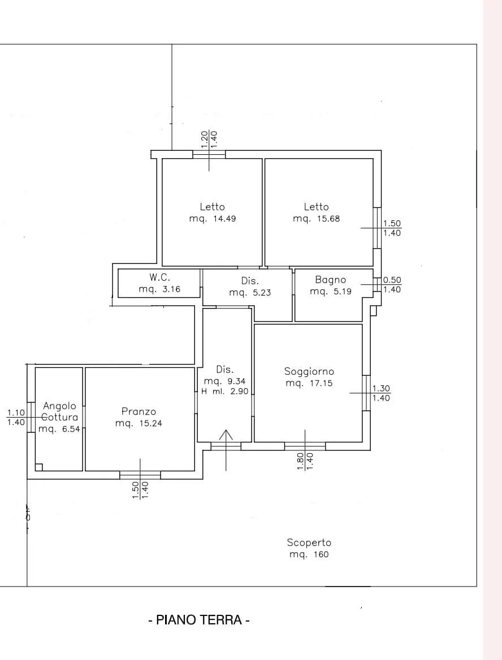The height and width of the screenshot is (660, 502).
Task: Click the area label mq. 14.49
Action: point(212,219)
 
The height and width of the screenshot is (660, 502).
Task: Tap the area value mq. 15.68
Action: point(316,219)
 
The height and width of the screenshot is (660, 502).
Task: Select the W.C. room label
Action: point(159,277)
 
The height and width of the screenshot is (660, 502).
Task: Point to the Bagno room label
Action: point(331,280)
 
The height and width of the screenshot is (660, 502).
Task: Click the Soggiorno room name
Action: point(309,371)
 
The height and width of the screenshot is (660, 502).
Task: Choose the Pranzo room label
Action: point(139,411)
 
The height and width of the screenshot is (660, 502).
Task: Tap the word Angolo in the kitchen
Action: point(60,406)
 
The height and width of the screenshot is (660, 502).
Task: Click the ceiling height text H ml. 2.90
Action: point(225,392)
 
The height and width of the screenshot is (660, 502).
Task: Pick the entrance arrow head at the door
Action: point(226,433)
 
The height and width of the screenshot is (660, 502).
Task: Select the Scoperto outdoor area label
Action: point(309,542)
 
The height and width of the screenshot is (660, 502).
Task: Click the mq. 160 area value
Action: point(309,554)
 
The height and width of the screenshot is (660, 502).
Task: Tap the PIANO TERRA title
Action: point(199,620)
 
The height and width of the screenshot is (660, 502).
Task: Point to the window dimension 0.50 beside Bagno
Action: point(392,280)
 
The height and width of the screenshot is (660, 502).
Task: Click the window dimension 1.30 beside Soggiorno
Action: point(381,389)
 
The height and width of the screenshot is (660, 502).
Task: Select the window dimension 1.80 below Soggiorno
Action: point(301,461)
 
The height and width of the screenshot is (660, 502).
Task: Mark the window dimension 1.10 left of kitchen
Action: point(16,413)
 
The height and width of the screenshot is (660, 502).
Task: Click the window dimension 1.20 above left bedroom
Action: point(205,140)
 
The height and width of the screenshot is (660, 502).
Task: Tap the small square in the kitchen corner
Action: point(39,467)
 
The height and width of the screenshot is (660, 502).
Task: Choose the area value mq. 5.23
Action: point(250,293)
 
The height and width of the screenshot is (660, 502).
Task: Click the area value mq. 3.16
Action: point(159,289)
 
